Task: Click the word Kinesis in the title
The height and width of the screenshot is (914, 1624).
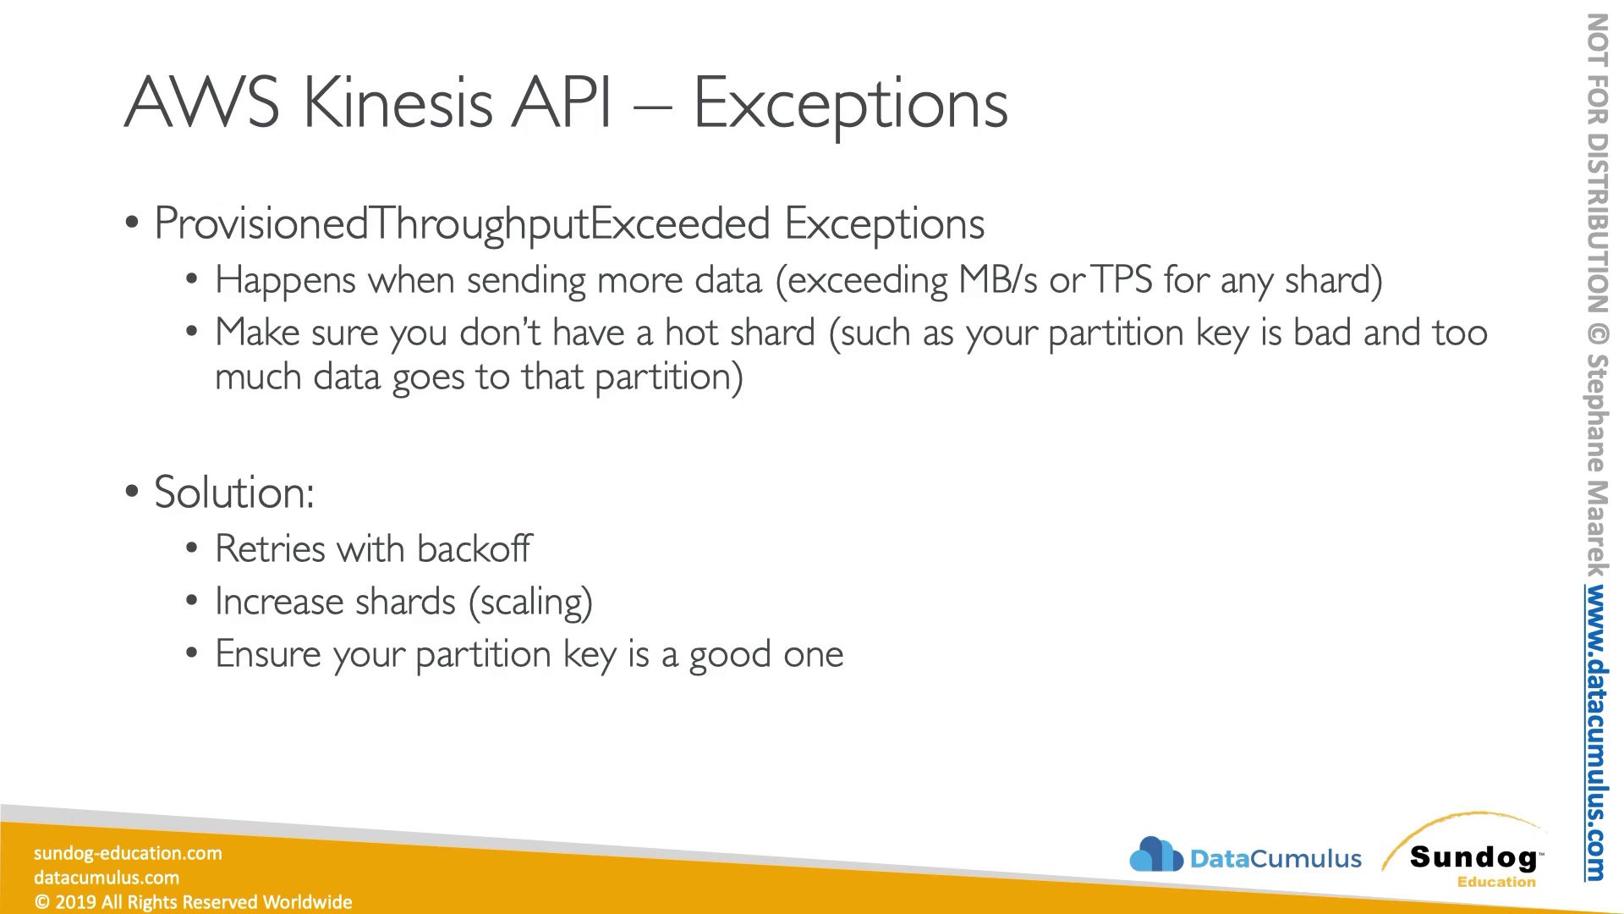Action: click(398, 102)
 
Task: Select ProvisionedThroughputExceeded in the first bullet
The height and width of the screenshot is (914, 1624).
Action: click(462, 223)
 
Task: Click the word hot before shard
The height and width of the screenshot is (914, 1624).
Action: click(692, 332)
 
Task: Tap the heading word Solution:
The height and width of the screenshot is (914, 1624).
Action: click(234, 492)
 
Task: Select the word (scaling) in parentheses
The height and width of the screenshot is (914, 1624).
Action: click(530, 602)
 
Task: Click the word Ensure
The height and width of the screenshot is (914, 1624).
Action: click(268, 653)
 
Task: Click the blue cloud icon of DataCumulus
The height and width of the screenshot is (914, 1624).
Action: click(1155, 854)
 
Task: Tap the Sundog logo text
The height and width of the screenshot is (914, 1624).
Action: click(1473, 857)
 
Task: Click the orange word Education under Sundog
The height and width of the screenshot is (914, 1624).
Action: click(1496, 882)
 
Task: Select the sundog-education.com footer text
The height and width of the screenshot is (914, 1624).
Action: click(128, 853)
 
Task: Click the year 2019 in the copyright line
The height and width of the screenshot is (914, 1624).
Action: click(74, 902)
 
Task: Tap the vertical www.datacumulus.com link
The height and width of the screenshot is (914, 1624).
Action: click(1595, 733)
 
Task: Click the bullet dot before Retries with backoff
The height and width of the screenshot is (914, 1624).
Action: click(192, 549)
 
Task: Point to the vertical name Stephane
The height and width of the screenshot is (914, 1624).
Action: click(1596, 412)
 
